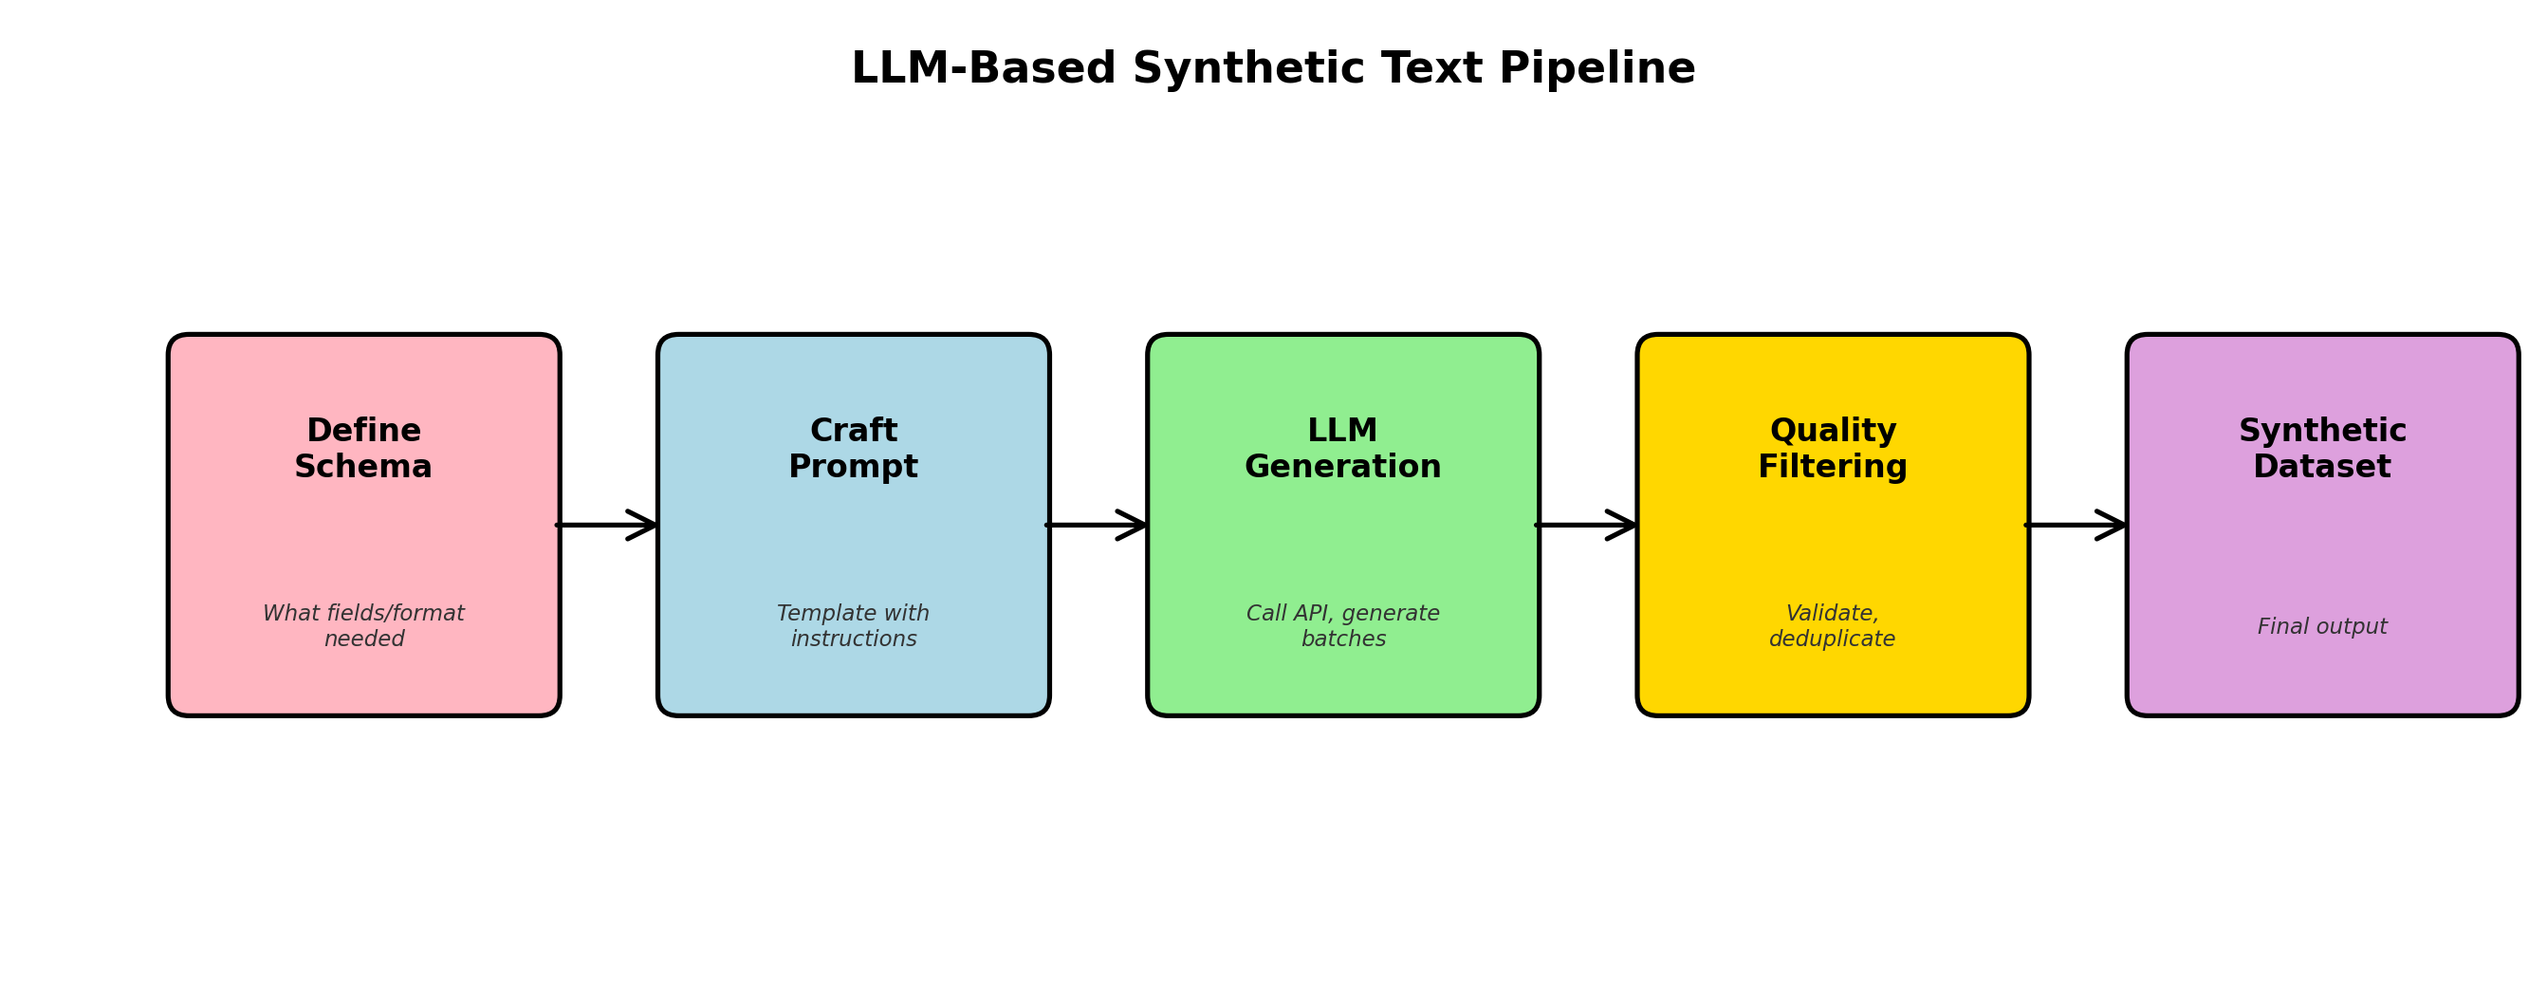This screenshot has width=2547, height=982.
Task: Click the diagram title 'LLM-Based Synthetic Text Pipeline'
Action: coord(1272,69)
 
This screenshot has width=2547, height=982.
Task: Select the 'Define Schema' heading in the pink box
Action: coord(363,449)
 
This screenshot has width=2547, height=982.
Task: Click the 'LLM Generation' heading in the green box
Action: coord(1341,449)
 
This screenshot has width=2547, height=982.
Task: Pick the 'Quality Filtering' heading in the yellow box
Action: coord(1831,449)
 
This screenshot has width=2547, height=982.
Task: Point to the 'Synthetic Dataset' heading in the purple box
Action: coord(2321,449)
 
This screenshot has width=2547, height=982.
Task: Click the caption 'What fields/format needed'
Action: coord(363,626)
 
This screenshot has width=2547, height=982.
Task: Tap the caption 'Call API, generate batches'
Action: coord(1341,626)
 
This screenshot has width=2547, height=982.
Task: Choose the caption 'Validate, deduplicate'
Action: coord(1831,626)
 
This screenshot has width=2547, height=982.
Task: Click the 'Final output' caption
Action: coord(2321,627)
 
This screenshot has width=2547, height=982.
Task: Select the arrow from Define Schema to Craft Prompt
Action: coord(607,525)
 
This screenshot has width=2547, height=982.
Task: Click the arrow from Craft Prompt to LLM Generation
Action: coord(1097,525)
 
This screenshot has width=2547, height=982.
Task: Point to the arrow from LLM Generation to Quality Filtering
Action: coord(1586,525)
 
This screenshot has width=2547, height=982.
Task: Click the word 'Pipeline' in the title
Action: coord(1596,69)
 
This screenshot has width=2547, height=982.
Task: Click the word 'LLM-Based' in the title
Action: coord(983,69)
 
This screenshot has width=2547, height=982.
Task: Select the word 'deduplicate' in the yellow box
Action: coord(1831,639)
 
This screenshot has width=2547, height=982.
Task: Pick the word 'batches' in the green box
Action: coord(1342,639)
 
